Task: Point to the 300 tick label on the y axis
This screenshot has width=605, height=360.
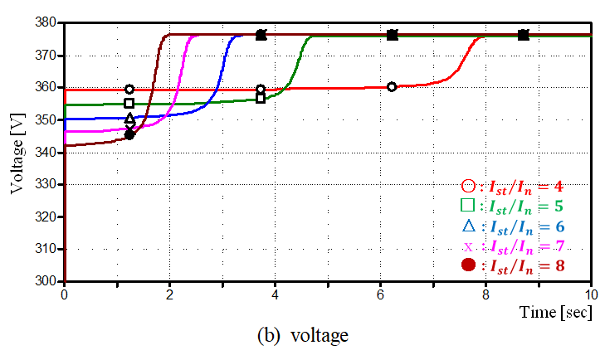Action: [x=47, y=281]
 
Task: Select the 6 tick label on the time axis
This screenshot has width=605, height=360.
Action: [x=380, y=294]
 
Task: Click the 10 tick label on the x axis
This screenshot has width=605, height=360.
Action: [x=590, y=294]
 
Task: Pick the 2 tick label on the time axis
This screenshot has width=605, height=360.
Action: [x=169, y=294]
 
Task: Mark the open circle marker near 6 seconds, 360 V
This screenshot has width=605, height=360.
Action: [x=392, y=86]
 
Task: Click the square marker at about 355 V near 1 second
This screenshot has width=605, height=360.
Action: [x=129, y=104]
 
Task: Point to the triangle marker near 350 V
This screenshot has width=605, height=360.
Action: [x=129, y=119]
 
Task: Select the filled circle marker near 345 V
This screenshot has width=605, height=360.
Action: [x=129, y=134]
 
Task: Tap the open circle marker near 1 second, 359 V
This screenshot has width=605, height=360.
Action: [x=129, y=89]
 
